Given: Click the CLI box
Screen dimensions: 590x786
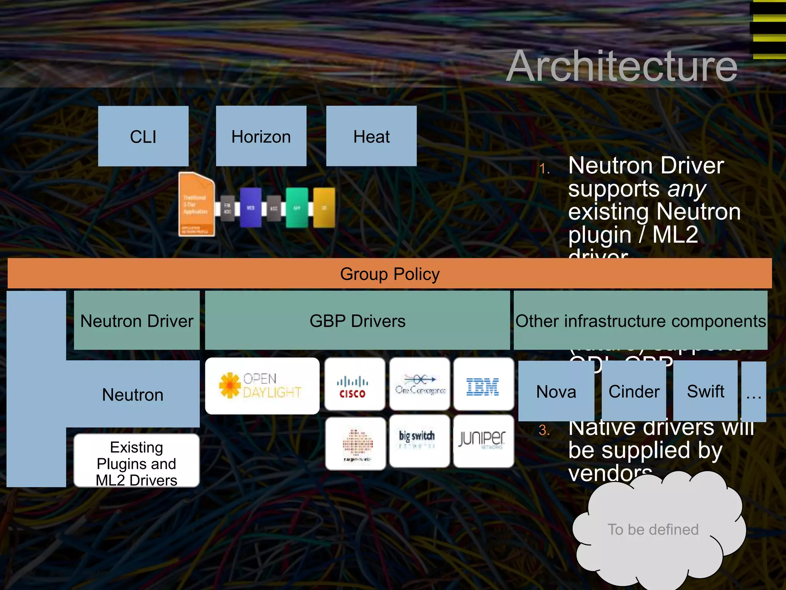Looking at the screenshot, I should [143, 136].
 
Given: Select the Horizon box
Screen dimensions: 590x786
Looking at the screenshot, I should [261, 136].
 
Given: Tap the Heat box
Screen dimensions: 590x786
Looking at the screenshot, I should [371, 136].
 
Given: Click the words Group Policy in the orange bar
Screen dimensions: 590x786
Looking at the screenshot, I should [390, 274].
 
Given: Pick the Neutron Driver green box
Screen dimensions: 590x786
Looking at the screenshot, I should [137, 321].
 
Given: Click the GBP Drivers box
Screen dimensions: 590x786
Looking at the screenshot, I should [357, 321].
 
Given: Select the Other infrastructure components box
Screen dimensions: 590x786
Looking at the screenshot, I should [640, 321].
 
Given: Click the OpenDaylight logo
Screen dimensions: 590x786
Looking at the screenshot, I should [262, 386].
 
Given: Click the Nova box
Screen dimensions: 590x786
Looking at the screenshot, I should [556, 392].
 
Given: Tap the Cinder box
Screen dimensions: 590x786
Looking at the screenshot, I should [634, 392].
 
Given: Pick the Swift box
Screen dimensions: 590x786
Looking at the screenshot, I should [705, 392].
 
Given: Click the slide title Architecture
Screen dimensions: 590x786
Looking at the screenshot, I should [622, 66].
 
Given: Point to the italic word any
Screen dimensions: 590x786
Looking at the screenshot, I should [687, 189].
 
